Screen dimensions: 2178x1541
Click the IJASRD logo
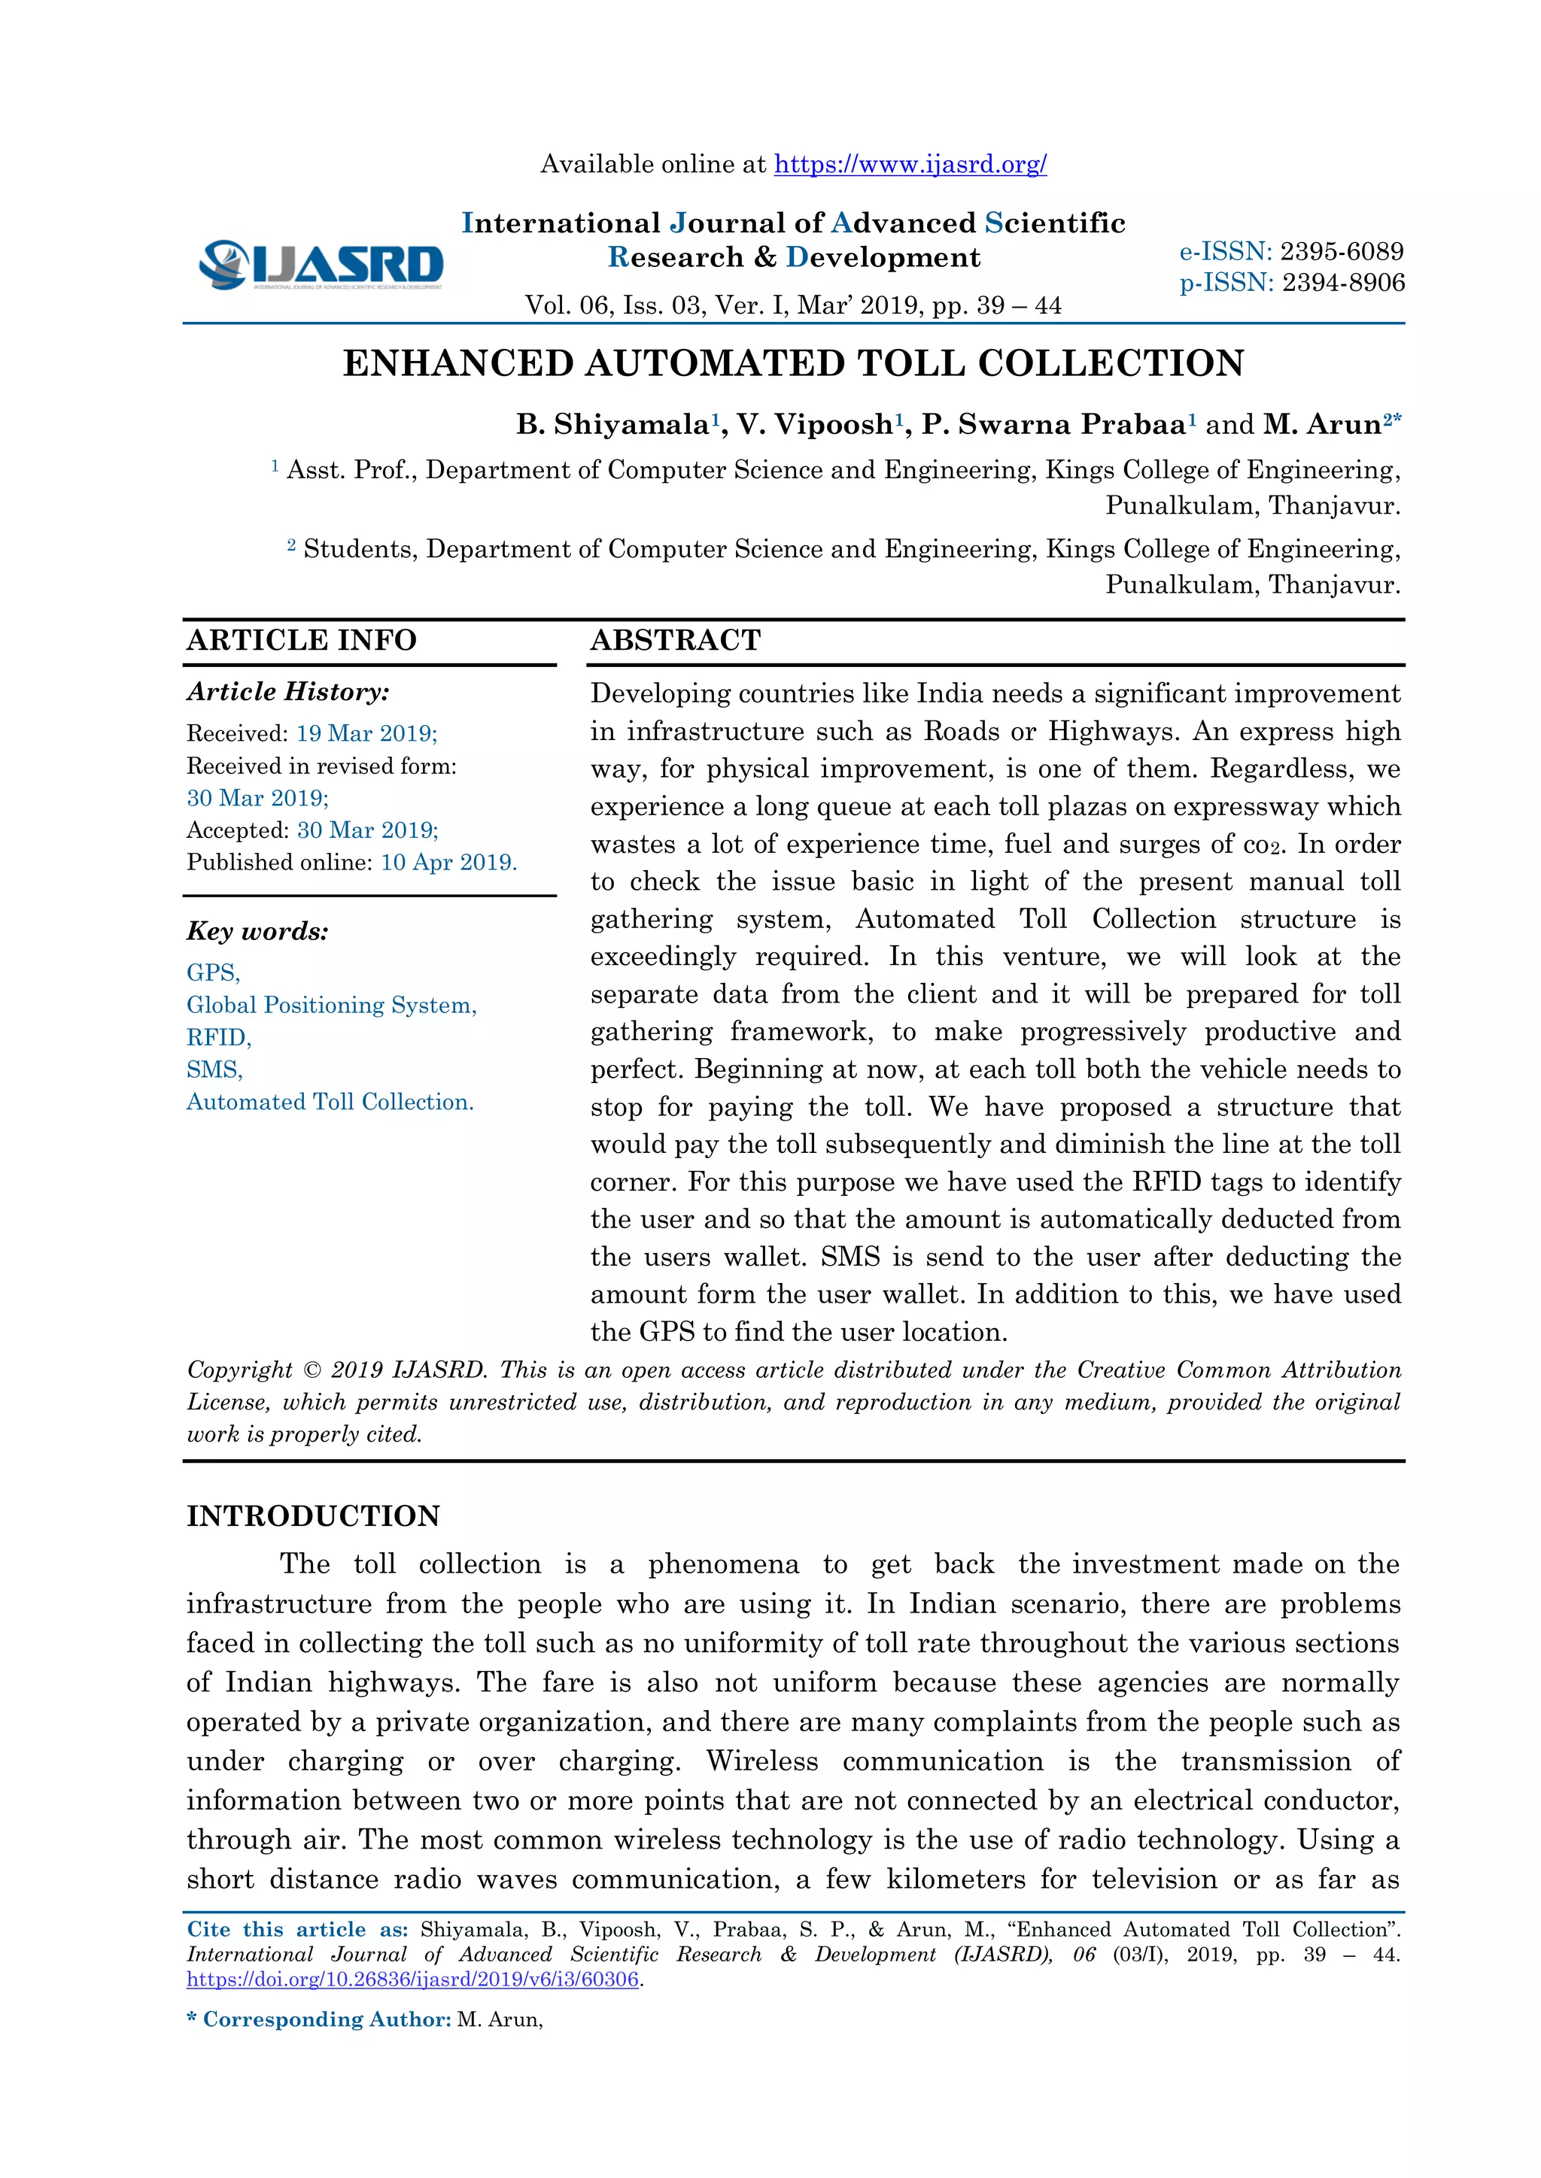321,265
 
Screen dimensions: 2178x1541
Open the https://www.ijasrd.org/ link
910,164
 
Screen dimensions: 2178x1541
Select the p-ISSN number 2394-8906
1342,283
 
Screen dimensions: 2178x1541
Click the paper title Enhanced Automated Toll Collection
793,363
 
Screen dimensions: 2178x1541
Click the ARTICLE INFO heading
302,640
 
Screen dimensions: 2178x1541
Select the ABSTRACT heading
676,640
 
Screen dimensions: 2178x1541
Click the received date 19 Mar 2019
366,733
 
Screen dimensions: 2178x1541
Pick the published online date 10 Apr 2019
448,863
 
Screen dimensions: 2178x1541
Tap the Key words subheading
257,932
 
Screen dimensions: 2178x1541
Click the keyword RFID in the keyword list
218,1038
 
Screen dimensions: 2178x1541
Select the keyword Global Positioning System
331,1006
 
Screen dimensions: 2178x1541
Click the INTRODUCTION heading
313,1516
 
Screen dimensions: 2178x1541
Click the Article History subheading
287,692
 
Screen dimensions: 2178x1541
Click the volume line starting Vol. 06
793,305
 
